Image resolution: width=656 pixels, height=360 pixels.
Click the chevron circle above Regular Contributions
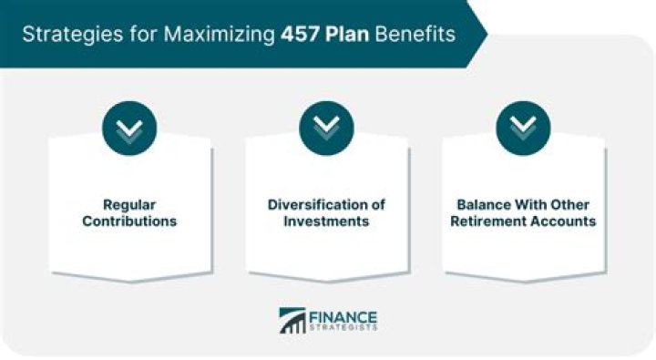point(130,127)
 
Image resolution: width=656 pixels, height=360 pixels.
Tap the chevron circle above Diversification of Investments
point(327,127)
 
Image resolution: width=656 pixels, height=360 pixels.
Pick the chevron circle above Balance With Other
point(523,127)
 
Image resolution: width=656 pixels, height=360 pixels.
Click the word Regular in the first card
point(130,204)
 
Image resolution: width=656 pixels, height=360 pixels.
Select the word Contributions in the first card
point(130,221)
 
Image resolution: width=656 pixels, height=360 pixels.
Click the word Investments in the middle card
point(327,221)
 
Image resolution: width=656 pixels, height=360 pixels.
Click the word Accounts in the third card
point(567,221)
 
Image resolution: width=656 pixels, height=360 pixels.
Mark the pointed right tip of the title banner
point(486,34)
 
